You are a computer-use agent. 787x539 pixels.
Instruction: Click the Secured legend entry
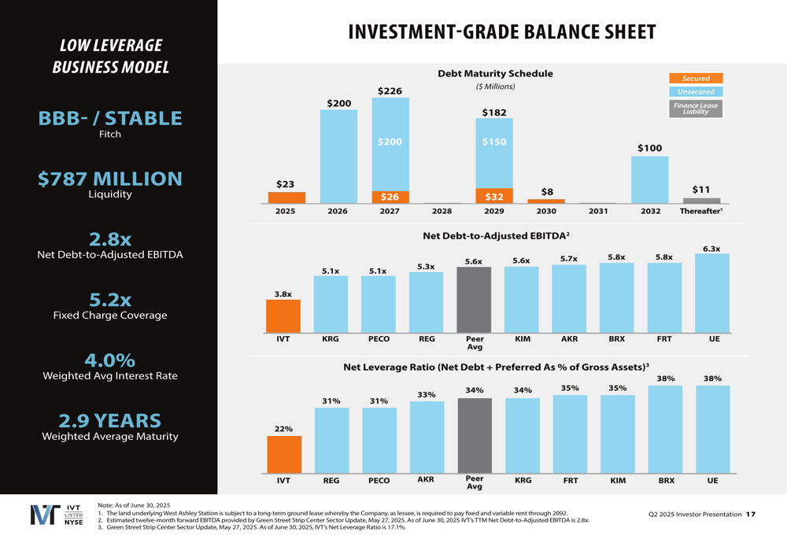tap(696, 78)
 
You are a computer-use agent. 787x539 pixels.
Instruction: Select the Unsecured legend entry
tap(696, 91)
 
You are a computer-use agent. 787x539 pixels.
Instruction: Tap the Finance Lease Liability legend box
tap(696, 109)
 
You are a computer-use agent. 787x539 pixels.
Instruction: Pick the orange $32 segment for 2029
tap(494, 196)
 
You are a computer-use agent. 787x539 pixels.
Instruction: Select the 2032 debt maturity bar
tap(650, 179)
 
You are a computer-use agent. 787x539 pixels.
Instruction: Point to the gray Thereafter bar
tap(701, 201)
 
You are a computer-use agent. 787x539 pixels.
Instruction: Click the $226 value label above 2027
tap(390, 91)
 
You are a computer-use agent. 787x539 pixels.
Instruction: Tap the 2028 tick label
tap(442, 212)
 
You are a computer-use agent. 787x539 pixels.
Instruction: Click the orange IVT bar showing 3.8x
tap(283, 316)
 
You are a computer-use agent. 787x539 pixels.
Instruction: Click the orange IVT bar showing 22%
tap(283, 454)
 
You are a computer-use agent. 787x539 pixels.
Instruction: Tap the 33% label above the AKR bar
tap(427, 394)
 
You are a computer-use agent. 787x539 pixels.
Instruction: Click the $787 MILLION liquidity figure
tap(110, 179)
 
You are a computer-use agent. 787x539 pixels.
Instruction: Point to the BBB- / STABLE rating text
tap(110, 119)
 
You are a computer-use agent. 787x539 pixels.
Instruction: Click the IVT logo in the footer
tap(56, 514)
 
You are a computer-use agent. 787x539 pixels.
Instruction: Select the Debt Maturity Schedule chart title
tap(495, 73)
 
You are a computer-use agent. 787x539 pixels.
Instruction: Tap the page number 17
tap(751, 515)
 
